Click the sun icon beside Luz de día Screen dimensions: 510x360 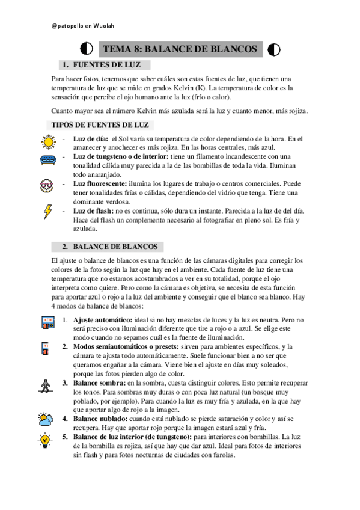click(47, 142)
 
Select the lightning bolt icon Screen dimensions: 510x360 click(47, 212)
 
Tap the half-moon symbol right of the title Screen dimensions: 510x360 click(274, 49)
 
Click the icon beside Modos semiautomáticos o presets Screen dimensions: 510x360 click(46, 349)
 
